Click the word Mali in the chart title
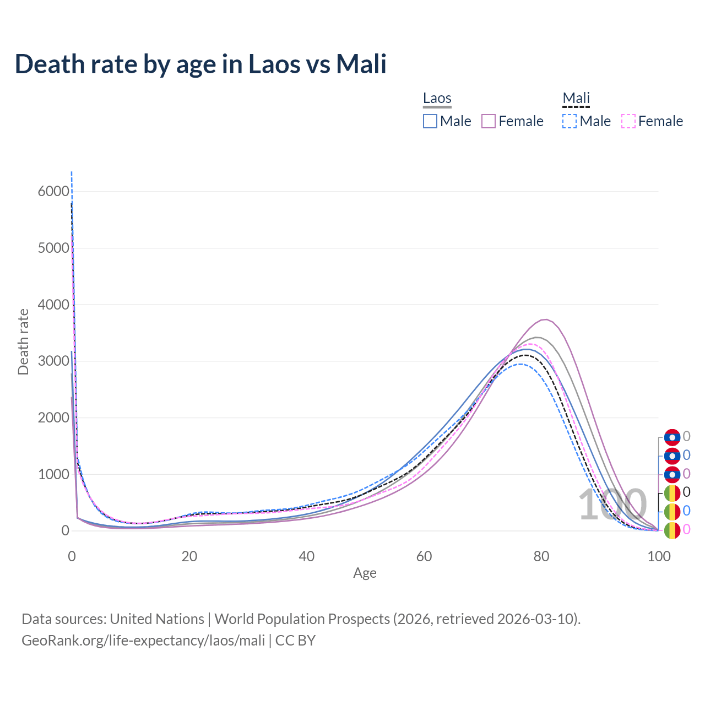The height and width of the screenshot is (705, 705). [361, 64]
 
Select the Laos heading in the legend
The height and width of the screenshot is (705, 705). [437, 98]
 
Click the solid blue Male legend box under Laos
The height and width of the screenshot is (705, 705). [430, 121]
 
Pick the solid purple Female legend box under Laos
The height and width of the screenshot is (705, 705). [489, 121]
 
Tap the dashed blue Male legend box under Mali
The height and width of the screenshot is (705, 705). [570, 121]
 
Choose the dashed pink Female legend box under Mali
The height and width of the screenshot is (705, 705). [628, 121]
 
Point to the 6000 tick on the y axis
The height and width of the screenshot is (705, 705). [53, 192]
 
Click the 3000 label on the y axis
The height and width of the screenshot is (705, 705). [53, 361]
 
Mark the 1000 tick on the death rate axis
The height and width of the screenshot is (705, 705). [53, 474]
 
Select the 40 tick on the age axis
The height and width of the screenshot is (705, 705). [307, 556]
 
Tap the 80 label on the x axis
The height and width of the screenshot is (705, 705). [541, 556]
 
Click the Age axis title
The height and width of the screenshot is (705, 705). [365, 573]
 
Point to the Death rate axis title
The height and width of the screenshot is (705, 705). [23, 342]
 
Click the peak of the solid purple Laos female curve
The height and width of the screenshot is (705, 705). [545, 319]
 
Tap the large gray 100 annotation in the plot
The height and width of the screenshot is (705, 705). [612, 505]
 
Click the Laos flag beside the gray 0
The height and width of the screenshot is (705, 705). [672, 437]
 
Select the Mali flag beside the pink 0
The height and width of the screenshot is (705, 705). [672, 530]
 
